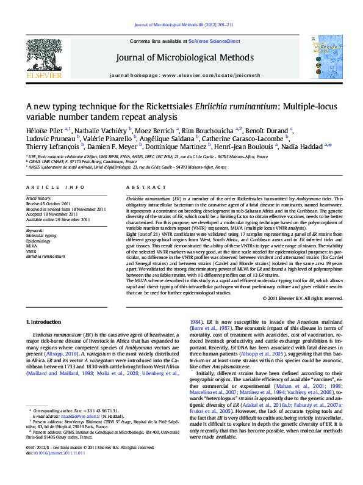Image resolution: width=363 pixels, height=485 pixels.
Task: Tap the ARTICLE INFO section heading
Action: pos(55,187)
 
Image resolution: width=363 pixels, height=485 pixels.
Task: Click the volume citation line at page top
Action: pos(181,24)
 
